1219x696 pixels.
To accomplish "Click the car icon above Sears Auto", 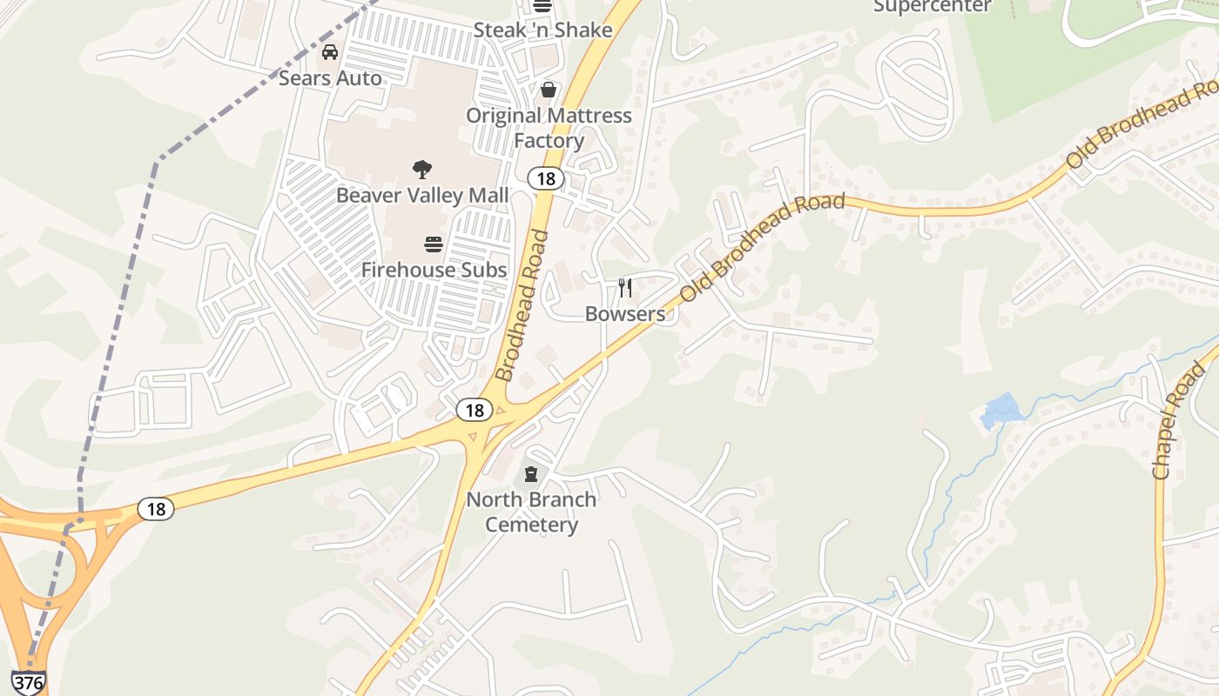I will pos(330,52).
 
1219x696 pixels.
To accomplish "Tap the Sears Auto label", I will pos(330,78).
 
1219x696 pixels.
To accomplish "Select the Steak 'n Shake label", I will pos(542,30).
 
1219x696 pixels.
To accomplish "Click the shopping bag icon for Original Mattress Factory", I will pos(549,90).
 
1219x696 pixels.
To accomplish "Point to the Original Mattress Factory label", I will pos(549,128).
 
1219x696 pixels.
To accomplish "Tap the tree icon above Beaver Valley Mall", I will pos(422,169).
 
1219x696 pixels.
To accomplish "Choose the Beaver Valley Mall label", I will pos(422,195).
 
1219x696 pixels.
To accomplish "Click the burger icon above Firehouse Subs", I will pos(434,244).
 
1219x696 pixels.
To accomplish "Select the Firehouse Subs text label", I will pos(434,270).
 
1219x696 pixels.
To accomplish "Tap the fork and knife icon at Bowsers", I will pos(624,288).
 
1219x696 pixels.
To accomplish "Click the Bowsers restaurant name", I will pos(624,313).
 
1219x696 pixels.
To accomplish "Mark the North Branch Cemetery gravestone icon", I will pos(531,475).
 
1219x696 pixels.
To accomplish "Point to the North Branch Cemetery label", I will pos(531,512).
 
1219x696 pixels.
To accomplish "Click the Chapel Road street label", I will pos(1179,421).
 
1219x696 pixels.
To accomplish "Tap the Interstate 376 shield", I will pos(28,683).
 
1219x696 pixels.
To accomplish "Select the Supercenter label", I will pos(932,7).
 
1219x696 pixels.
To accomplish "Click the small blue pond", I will pos(1001,411).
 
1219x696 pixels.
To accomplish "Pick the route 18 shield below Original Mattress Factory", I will pos(546,178).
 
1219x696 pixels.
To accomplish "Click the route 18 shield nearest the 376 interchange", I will pos(156,508).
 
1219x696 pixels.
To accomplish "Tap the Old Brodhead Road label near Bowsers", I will pos(762,247).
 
